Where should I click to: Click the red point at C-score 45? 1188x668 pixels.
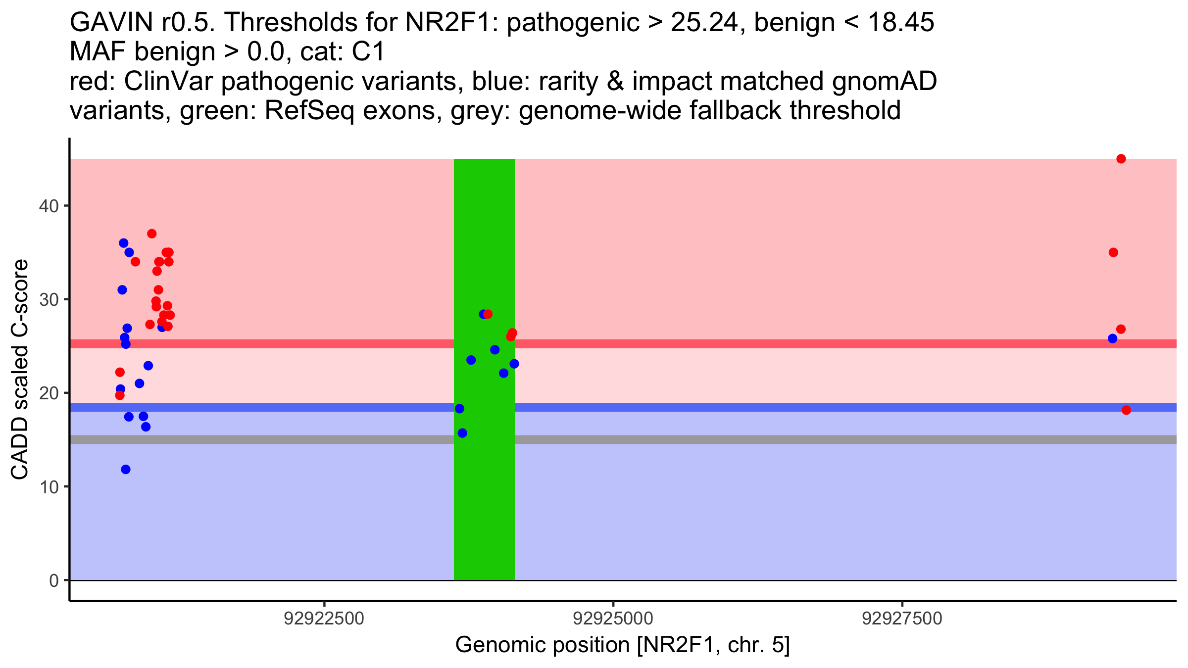tap(1121, 159)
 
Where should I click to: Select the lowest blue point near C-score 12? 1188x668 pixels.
tap(126, 469)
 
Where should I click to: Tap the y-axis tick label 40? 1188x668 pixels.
tap(49, 206)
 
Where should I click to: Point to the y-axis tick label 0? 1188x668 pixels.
tap(53, 580)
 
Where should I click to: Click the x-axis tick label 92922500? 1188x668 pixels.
tap(324, 619)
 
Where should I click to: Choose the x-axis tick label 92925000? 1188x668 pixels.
tap(613, 619)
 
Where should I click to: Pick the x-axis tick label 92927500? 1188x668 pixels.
tap(902, 619)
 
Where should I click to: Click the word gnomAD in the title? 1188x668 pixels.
tap(884, 81)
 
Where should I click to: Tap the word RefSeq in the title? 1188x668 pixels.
tap(309, 110)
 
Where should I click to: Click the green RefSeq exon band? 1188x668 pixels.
tap(484, 495)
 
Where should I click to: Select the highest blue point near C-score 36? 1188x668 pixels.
tap(124, 243)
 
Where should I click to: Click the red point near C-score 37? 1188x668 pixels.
tap(152, 234)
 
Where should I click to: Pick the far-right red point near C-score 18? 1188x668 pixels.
tap(1126, 410)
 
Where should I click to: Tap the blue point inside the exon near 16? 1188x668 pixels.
tap(462, 433)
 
